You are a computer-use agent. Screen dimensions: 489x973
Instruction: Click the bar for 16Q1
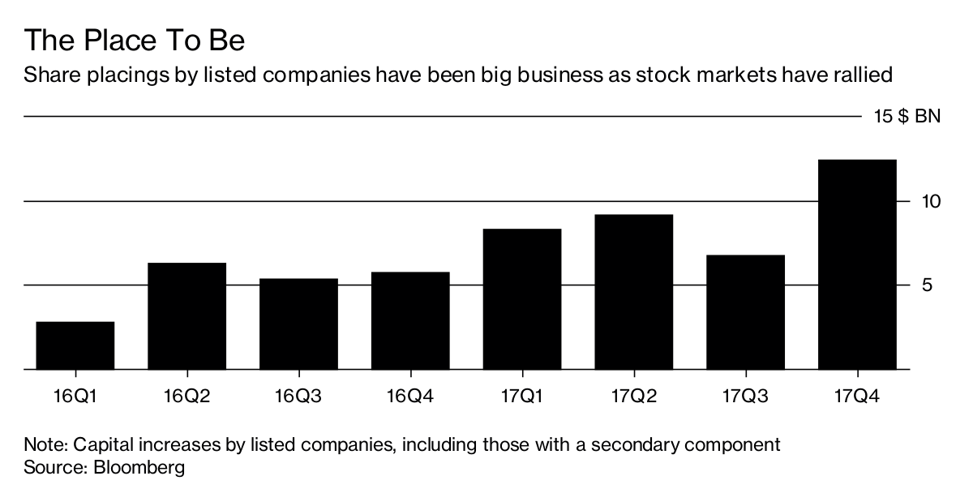tap(75, 345)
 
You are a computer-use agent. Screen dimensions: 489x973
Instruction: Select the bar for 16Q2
tap(186, 316)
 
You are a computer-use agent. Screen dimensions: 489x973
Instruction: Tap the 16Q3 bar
tap(298, 324)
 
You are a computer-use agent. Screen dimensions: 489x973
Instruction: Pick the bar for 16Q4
tap(410, 320)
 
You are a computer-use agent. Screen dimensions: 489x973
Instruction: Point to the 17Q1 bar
tap(522, 299)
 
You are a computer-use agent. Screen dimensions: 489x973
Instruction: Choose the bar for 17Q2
tap(633, 292)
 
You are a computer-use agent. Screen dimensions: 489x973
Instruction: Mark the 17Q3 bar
tap(745, 312)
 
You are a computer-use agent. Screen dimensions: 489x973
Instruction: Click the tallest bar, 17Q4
tap(857, 264)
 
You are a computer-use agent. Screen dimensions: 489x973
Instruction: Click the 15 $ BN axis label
tap(907, 117)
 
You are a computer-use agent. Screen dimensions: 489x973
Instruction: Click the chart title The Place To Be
tap(135, 41)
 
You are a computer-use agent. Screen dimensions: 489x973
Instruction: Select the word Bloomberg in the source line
tap(139, 468)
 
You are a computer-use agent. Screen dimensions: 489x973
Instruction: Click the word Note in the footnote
tap(41, 444)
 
